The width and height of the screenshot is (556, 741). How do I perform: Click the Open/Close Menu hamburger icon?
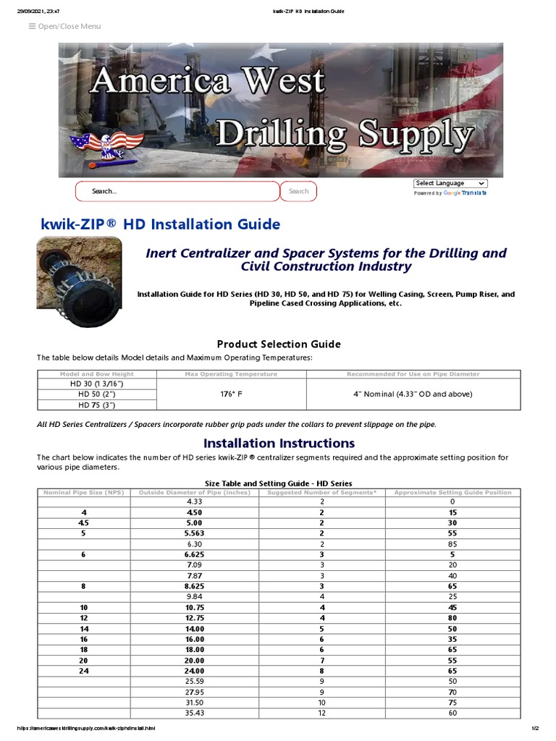(32, 27)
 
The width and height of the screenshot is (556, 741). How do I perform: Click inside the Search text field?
(177, 191)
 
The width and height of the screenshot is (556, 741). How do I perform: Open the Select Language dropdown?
(450, 183)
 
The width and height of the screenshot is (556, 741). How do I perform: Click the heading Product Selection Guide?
(279, 344)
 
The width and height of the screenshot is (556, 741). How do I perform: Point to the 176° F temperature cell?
(231, 394)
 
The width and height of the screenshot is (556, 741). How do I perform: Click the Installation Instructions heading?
(279, 443)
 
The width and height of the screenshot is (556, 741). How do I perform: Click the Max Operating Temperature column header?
(231, 374)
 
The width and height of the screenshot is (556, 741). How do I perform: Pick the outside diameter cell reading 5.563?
(195, 534)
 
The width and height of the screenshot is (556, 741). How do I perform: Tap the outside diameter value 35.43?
(195, 714)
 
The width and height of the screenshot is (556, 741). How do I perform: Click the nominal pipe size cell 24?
(84, 670)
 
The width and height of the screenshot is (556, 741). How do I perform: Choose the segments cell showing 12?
(322, 714)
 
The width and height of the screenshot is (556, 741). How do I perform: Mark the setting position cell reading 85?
(452, 545)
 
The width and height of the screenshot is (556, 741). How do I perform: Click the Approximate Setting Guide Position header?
(452, 492)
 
